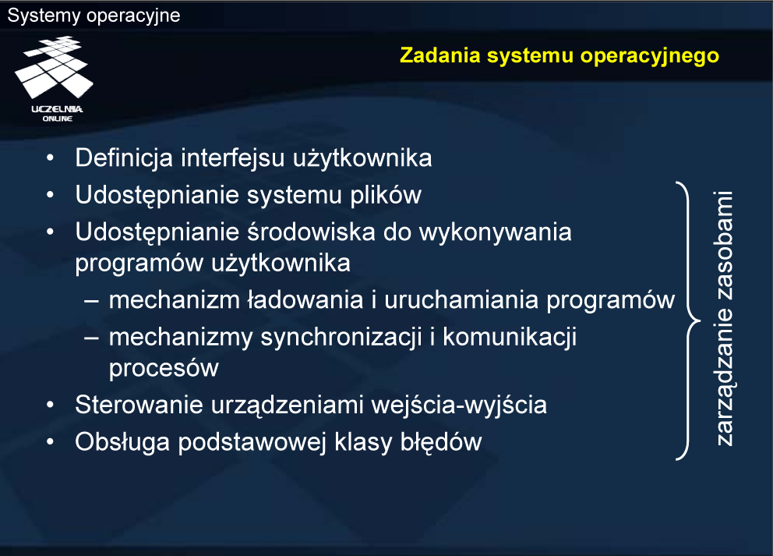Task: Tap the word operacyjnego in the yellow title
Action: point(650,56)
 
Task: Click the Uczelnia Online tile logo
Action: point(55,78)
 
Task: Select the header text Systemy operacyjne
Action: point(94,16)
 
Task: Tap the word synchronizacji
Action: point(341,338)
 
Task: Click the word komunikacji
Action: point(510,338)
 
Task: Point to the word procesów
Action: point(164,369)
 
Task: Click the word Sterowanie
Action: point(139,405)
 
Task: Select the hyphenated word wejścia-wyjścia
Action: point(459,405)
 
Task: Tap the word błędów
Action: point(441,442)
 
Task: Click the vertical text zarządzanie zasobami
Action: point(723,319)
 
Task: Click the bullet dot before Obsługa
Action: point(50,442)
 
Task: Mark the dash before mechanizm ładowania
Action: point(92,300)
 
